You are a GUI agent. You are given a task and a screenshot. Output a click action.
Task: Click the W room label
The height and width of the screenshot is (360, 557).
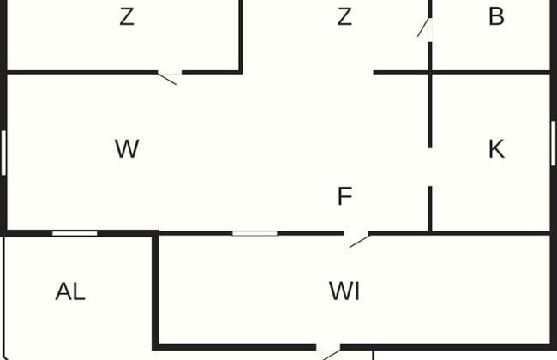[x=126, y=149]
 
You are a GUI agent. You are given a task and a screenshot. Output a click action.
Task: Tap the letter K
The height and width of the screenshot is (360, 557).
[x=495, y=149]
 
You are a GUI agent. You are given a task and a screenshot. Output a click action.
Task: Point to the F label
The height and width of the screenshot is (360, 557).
[x=344, y=197]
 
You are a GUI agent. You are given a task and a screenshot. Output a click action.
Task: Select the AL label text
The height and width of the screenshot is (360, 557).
[x=70, y=291]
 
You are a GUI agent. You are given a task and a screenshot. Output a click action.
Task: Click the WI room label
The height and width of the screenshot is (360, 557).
[x=344, y=291]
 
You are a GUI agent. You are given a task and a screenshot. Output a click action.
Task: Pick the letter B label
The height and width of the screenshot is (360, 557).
[x=495, y=16]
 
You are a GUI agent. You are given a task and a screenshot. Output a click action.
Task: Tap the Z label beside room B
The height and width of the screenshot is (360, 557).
[x=344, y=16]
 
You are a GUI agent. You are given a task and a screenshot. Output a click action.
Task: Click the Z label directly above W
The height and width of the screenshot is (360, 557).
[x=126, y=16]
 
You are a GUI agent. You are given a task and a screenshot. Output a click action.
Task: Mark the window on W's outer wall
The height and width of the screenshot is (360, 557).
[x=4, y=152]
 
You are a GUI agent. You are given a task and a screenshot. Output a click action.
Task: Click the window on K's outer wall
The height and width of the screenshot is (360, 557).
[x=553, y=143]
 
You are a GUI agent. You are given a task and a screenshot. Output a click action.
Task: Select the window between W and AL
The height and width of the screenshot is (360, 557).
[x=75, y=232]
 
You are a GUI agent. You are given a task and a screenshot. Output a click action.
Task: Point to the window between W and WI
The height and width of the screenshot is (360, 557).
[x=255, y=232]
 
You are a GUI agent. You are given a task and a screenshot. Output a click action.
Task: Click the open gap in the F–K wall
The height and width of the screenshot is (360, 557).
[x=429, y=168]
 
